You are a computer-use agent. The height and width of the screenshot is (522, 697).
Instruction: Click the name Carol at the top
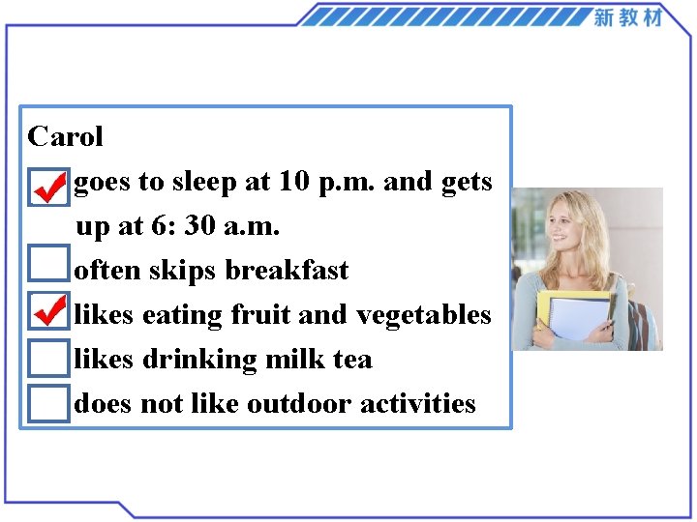65,136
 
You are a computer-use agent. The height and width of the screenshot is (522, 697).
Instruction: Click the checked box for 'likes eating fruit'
48,312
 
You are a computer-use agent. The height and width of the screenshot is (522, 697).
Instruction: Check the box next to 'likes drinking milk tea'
48,358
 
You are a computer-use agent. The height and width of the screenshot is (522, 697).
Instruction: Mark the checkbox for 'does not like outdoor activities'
48,403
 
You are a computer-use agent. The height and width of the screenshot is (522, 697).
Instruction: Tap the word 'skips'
183,271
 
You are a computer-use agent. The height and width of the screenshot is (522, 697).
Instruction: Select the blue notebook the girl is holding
581,318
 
